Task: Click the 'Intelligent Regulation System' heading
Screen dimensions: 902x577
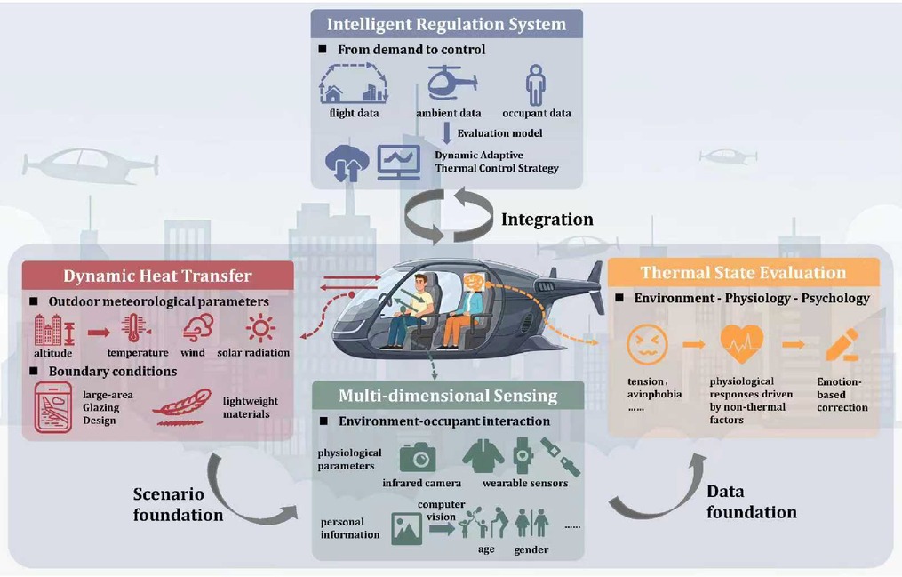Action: [x=446, y=24]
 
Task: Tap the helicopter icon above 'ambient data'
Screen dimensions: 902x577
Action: [x=451, y=84]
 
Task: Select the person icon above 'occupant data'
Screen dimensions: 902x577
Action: [x=536, y=84]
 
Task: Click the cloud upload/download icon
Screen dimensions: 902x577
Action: [x=347, y=163]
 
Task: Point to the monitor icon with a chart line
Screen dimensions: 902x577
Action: [x=399, y=163]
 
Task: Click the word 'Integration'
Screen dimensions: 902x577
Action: [x=547, y=220]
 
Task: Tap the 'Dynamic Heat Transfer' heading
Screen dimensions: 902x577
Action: [x=157, y=276]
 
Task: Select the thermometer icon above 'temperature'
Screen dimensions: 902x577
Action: [x=136, y=329]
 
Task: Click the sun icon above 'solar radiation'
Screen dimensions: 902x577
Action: [x=260, y=328]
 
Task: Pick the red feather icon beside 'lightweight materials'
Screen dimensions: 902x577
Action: [x=182, y=407]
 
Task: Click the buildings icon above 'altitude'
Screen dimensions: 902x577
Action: [x=54, y=330]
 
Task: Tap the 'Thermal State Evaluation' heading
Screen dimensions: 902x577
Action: [x=743, y=273]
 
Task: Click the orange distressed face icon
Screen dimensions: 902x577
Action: [x=647, y=345]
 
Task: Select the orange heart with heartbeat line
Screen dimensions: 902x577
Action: [x=741, y=343]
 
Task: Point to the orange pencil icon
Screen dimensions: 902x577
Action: [x=842, y=345]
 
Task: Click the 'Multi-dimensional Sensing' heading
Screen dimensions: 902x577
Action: [x=448, y=396]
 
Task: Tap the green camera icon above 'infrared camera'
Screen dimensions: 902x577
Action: [x=418, y=457]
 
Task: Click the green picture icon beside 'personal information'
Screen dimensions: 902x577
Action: [x=407, y=529]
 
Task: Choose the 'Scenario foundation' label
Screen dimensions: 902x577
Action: [x=178, y=504]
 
